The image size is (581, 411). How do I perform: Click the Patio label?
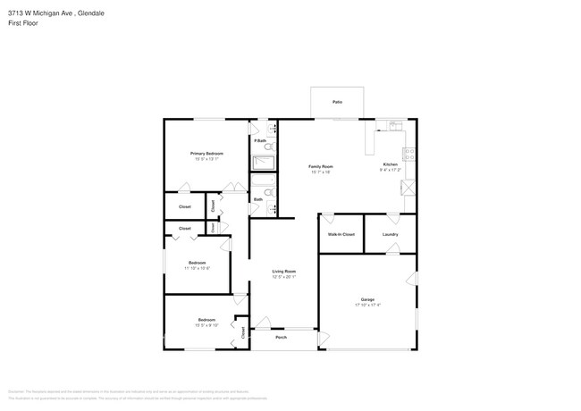click(337, 102)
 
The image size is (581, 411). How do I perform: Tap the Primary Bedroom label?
click(206, 154)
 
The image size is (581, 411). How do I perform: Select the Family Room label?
click(321, 167)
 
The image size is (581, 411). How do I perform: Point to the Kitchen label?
click(391, 165)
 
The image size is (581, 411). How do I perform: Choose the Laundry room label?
click(390, 234)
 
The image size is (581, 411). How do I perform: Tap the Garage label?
click(367, 299)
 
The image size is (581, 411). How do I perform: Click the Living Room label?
click(284, 271)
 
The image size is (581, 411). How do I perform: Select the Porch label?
click(281, 338)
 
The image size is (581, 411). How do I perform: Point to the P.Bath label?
click(259, 141)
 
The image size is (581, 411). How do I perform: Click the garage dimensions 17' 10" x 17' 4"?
click(367, 306)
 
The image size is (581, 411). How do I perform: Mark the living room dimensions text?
click(284, 277)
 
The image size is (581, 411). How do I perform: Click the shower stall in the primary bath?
click(264, 163)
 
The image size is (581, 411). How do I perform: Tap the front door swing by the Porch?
click(262, 323)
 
